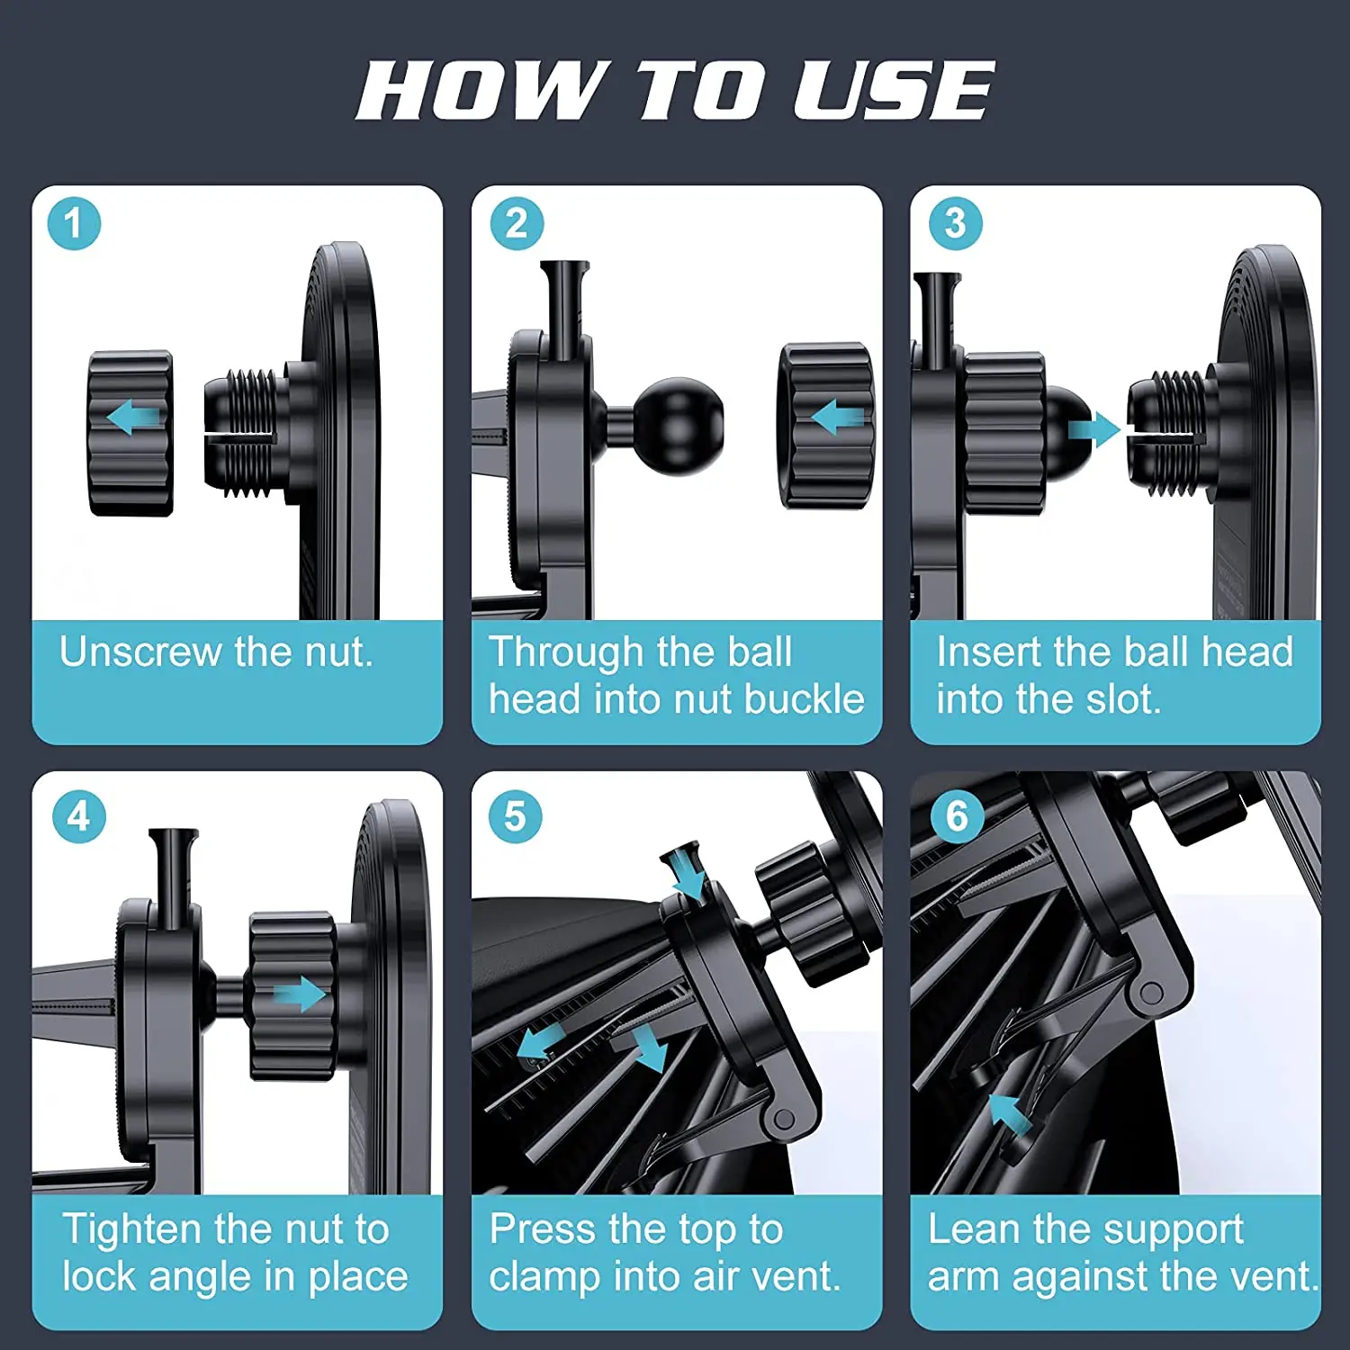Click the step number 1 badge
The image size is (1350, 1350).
pos(74,223)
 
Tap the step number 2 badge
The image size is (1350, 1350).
pos(517,223)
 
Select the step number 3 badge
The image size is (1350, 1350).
pos(955,223)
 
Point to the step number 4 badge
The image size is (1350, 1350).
pos(79,816)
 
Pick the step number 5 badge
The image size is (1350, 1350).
pos(515,816)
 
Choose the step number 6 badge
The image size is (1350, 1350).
pos(957,816)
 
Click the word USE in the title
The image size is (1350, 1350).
pos(894,90)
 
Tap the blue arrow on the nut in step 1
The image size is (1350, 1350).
pos(132,418)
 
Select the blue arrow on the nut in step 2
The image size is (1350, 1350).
pos(837,418)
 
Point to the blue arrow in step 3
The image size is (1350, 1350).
pos(1094,430)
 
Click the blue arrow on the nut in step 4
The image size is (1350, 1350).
pos(300,994)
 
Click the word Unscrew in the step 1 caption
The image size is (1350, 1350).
pos(141,651)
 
